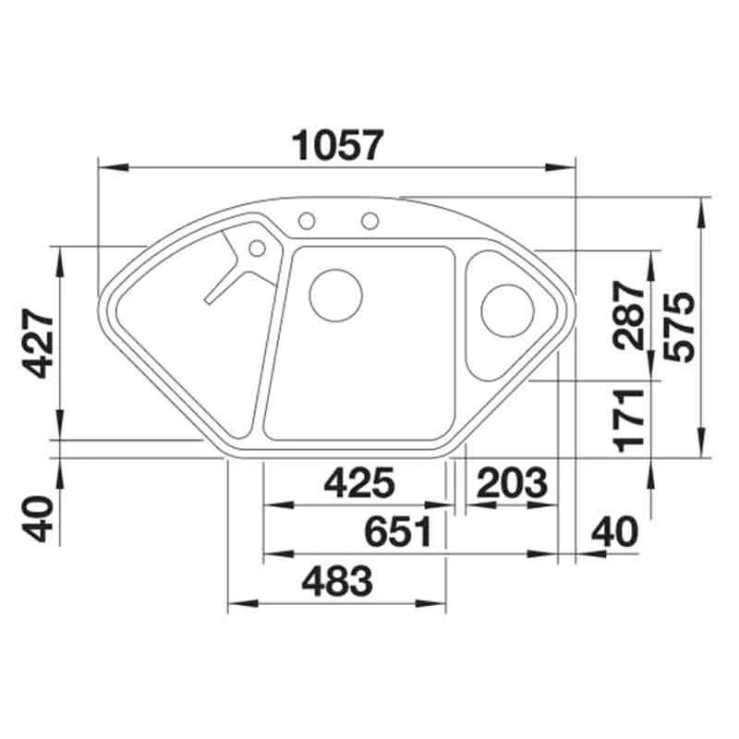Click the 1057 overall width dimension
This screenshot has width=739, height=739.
point(338,145)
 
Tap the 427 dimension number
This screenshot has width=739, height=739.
point(40,343)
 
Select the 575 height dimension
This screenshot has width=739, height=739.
point(679,327)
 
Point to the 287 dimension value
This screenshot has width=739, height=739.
point(629,315)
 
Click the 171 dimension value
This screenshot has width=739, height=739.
point(629,420)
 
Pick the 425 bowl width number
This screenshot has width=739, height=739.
point(359,482)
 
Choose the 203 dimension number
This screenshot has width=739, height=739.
point(513,482)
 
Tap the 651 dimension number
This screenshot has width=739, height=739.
point(399,532)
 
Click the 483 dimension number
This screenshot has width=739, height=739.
point(337,581)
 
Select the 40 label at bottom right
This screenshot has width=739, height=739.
point(615,532)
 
